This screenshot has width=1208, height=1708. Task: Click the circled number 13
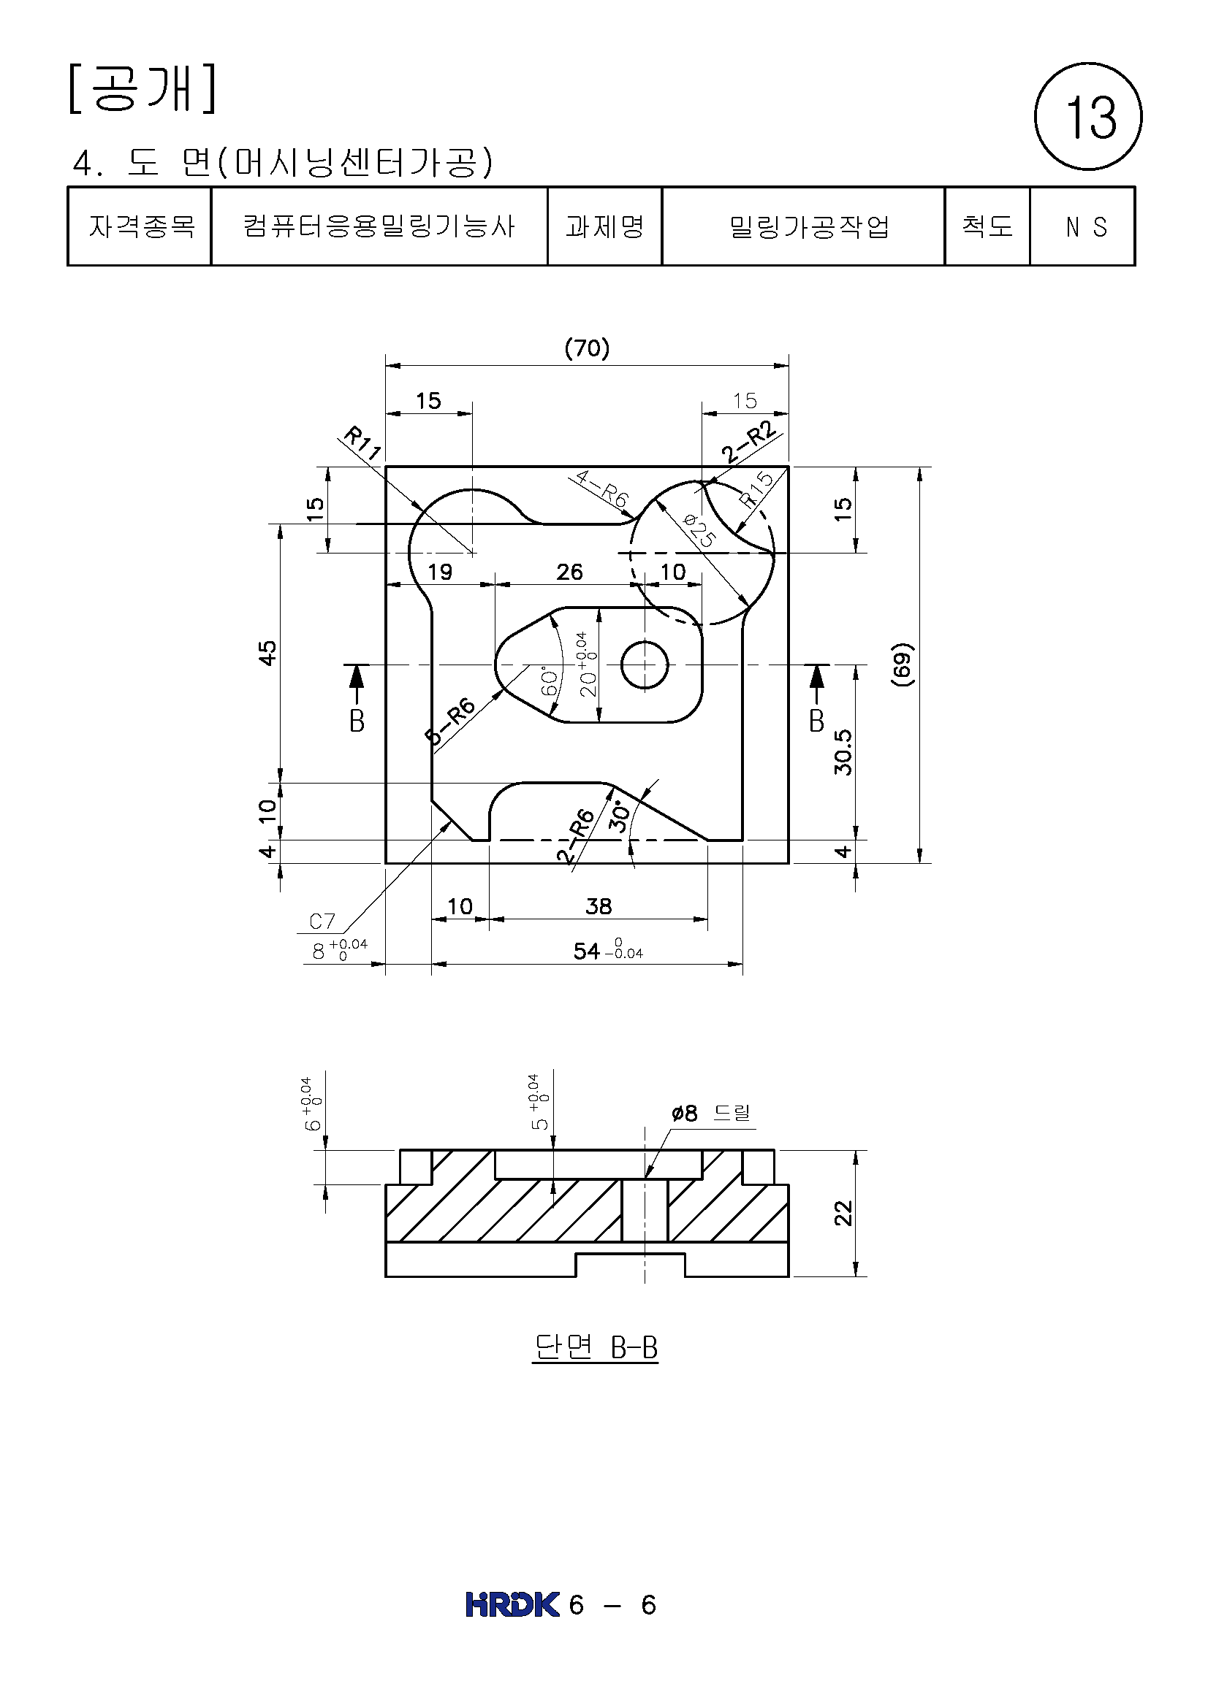pyautogui.click(x=1087, y=116)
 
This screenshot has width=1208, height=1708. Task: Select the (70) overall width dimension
pyautogui.click(x=587, y=348)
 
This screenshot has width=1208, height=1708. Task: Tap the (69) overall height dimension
pyautogui.click(x=902, y=665)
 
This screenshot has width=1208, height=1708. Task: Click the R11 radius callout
pyautogui.click(x=362, y=443)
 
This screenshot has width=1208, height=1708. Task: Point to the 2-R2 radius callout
pyautogui.click(x=749, y=442)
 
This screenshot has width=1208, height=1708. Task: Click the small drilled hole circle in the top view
pyautogui.click(x=645, y=665)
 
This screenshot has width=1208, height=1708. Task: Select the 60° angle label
pyautogui.click(x=550, y=681)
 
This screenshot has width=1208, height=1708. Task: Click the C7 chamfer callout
pyautogui.click(x=322, y=921)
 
